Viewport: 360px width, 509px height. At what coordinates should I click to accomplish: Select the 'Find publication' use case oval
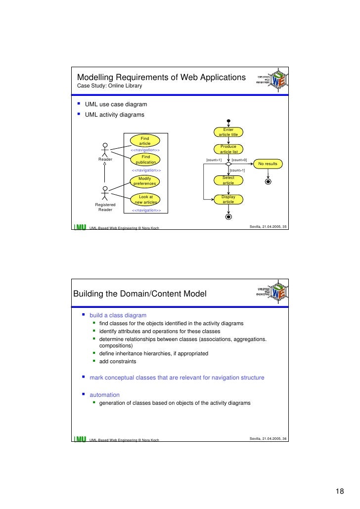tap(145, 159)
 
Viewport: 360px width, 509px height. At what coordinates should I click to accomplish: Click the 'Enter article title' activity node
tap(228, 132)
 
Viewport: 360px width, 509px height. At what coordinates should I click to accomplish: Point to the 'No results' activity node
tap(268, 164)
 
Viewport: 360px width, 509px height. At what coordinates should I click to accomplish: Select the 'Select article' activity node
tap(228, 180)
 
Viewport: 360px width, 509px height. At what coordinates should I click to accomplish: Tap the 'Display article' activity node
tap(228, 199)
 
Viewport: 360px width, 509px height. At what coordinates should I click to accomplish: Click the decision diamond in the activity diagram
tap(228, 164)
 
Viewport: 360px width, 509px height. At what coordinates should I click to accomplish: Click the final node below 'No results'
tap(268, 181)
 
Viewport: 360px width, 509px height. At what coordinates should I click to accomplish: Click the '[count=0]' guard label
tap(239, 160)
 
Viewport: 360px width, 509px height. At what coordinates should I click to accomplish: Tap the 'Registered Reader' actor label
tap(105, 207)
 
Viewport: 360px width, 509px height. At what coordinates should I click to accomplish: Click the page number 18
tap(340, 491)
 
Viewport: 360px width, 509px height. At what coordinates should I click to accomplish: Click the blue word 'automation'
tap(104, 394)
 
